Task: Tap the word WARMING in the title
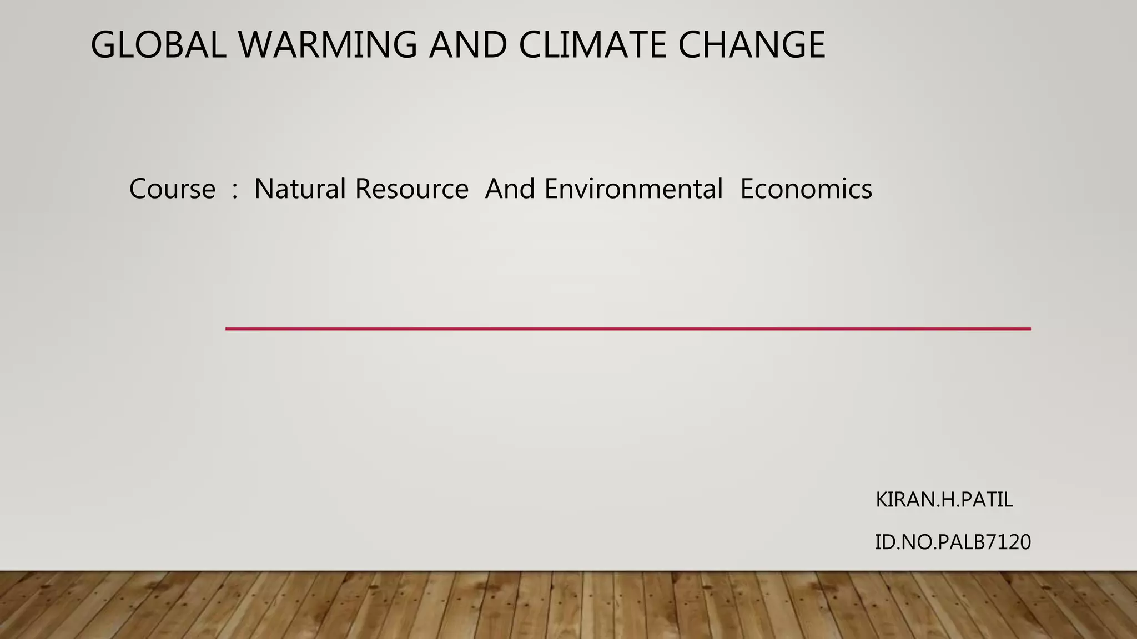coord(328,45)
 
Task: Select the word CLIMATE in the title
coord(592,45)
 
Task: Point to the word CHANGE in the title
coord(752,45)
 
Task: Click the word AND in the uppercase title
coord(467,45)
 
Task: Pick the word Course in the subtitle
coord(172,189)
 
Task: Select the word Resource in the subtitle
coord(411,189)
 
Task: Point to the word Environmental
coord(633,189)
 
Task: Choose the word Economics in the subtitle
coord(806,189)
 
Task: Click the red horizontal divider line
coord(627,329)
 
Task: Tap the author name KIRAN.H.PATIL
coord(944,500)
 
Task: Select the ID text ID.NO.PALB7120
coord(953,542)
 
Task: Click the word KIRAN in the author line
coord(899,500)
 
